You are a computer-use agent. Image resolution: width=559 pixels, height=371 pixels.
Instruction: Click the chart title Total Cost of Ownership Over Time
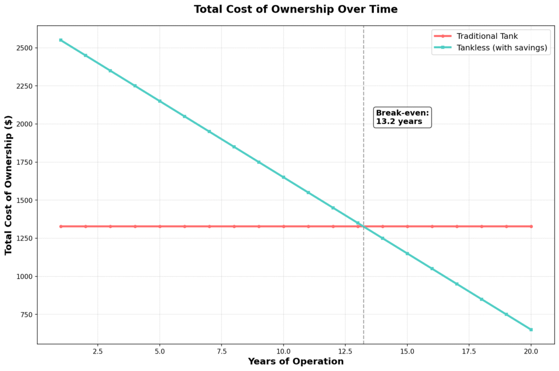[295, 9]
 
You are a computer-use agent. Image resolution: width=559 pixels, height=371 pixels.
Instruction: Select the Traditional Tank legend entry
[486, 36]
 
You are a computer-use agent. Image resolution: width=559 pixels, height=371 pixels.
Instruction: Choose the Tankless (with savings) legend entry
[502, 48]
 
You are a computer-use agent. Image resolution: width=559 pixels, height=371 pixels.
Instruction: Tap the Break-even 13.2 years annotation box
[403, 117]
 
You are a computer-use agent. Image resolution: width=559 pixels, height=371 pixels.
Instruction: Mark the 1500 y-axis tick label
[25, 200]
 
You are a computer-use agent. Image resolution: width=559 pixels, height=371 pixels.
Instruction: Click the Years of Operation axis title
[295, 362]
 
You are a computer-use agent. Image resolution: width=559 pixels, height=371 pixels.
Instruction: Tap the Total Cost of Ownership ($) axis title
[9, 185]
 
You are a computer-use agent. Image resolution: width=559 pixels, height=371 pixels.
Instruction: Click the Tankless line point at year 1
[61, 40]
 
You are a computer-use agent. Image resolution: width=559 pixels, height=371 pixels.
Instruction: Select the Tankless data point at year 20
[531, 330]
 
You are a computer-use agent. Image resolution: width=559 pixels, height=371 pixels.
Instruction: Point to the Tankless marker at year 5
[160, 101]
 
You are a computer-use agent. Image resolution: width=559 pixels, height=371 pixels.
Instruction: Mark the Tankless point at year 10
[283, 177]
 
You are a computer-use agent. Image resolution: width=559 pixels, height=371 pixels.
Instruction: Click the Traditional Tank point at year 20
[531, 226]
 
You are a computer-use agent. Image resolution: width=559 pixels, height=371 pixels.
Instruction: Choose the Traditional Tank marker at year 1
[61, 226]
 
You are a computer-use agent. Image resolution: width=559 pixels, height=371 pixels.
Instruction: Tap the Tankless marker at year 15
[407, 254]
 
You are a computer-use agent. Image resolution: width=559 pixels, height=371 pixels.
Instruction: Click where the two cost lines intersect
[364, 226]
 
